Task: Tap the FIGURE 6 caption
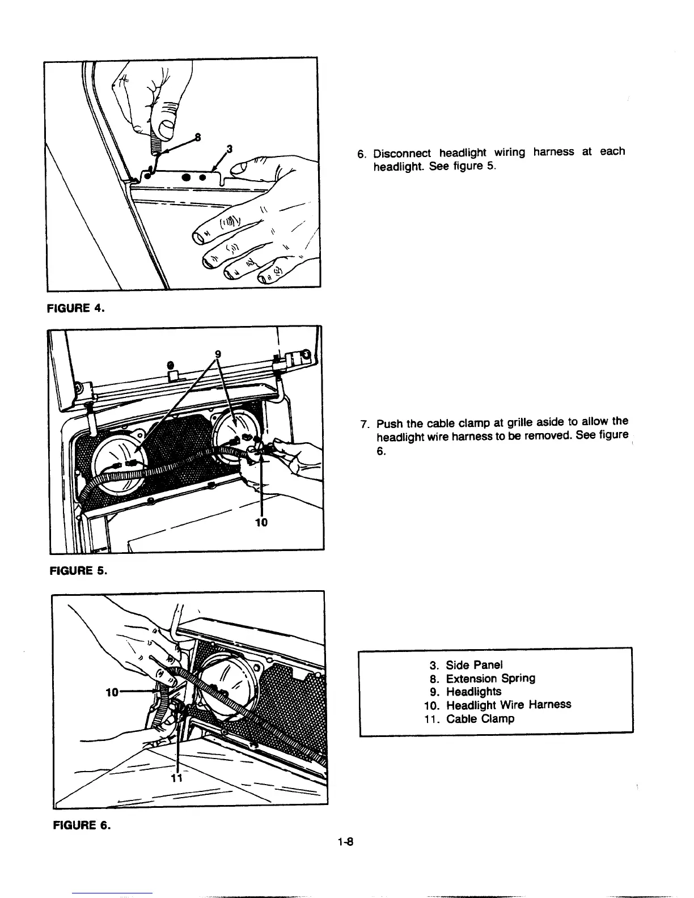[x=76, y=825]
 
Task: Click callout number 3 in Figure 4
[x=228, y=149]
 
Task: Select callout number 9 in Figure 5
[x=217, y=355]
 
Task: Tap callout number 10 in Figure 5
[x=261, y=522]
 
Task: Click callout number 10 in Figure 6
[x=112, y=692]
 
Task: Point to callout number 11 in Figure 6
[x=176, y=778]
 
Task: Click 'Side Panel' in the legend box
[x=474, y=665]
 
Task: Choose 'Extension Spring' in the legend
[x=490, y=679]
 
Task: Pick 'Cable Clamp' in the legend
[x=480, y=719]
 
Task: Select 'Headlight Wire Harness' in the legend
[x=508, y=705]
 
